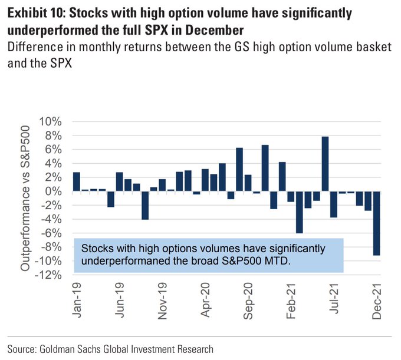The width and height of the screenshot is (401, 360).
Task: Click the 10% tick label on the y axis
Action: tap(49, 122)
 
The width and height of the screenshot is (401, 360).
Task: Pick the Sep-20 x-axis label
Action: tap(248, 299)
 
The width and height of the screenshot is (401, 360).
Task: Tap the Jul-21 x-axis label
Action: tap(334, 298)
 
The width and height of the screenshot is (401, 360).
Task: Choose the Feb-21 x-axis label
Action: tap(291, 299)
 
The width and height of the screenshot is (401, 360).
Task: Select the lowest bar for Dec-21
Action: tap(376, 223)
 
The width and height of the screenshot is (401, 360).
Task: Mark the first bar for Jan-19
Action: tap(77, 181)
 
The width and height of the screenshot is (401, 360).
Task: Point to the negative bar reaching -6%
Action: tap(299, 212)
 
